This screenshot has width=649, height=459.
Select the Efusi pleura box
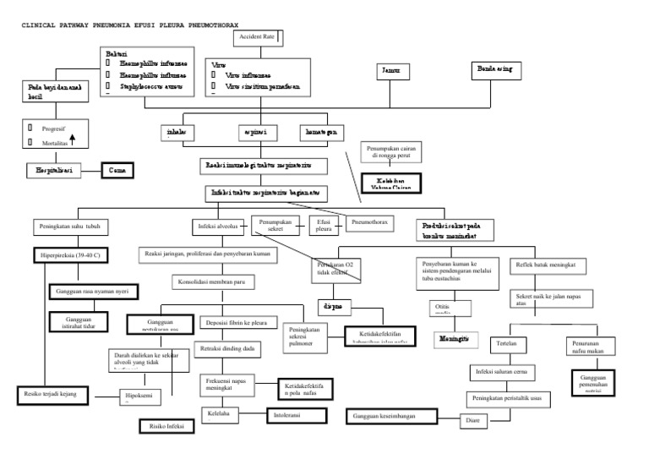click(x=324, y=227)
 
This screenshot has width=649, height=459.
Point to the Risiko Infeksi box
click(x=166, y=425)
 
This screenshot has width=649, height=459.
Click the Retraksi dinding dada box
click(x=226, y=347)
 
